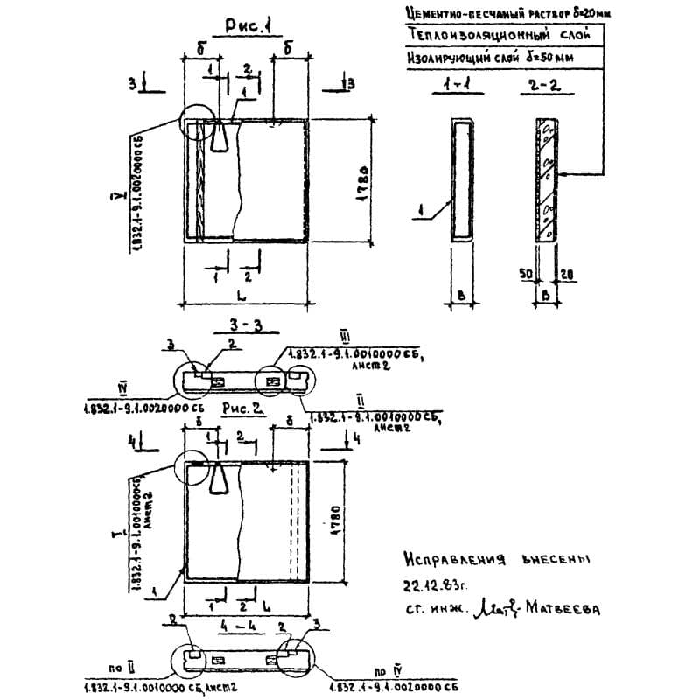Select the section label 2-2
(x=542, y=87)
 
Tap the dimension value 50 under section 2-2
(x=527, y=275)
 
